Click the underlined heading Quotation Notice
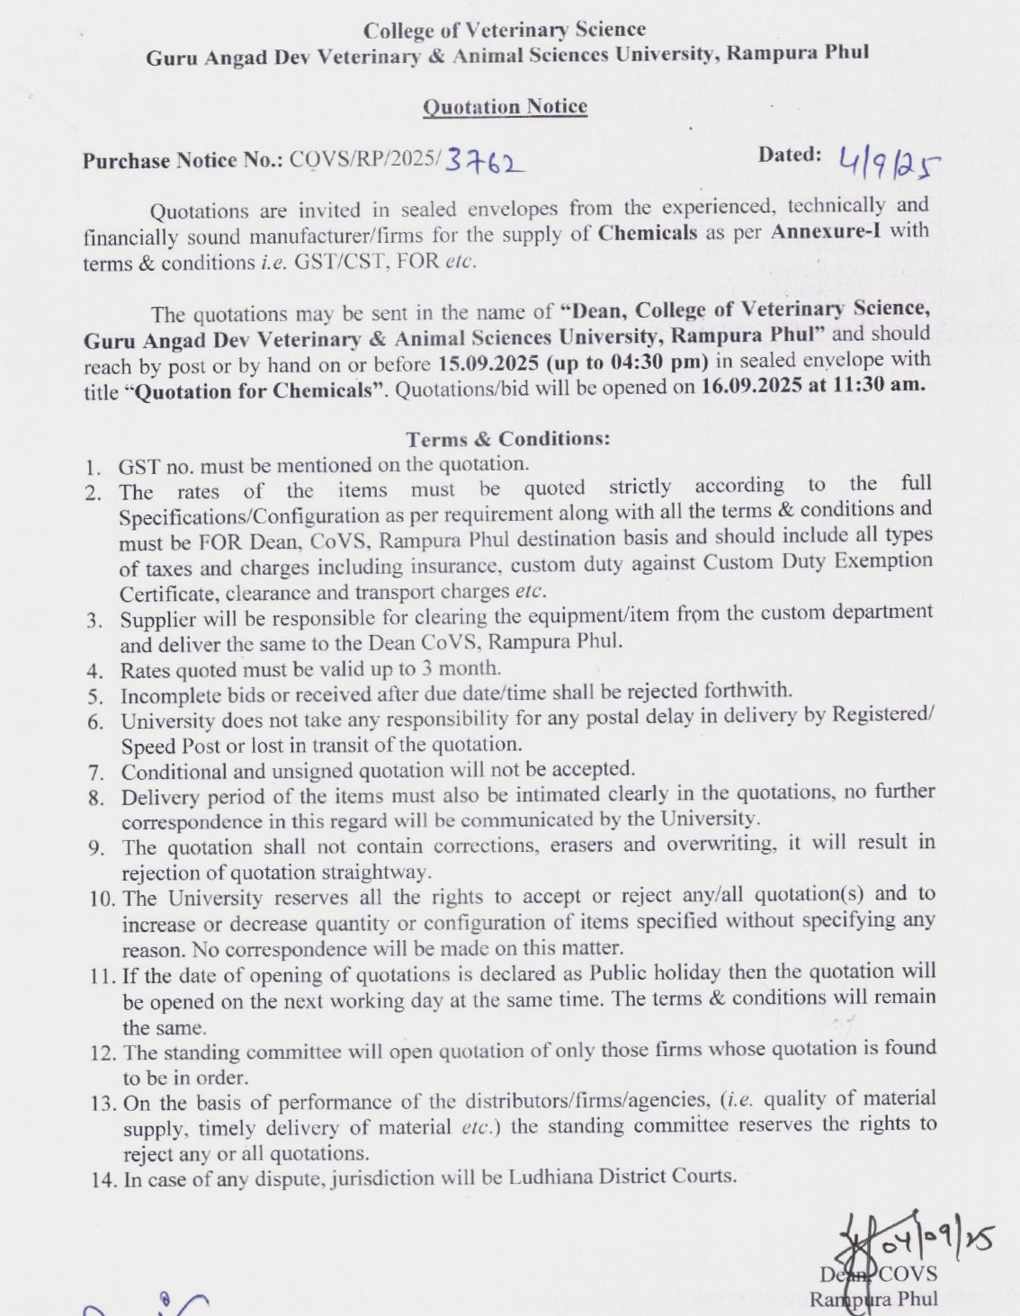pos(505,107)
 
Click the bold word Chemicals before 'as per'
pos(647,232)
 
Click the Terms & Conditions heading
pos(508,439)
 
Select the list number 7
pos(96,773)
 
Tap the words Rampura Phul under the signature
pos(872,1299)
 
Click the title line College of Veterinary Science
pos(504,31)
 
